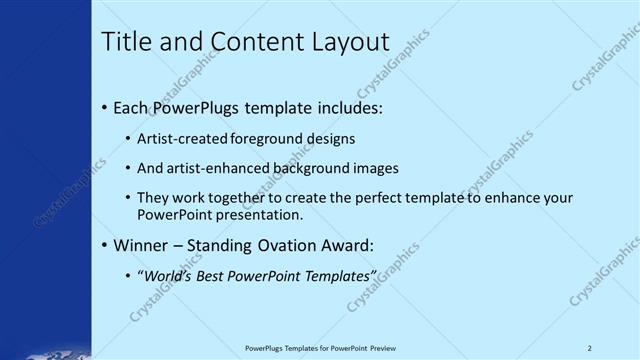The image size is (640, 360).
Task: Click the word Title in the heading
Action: (x=128, y=41)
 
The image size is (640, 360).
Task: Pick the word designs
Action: (x=330, y=139)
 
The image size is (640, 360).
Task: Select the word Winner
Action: (x=140, y=246)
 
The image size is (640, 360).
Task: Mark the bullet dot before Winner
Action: (x=105, y=246)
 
